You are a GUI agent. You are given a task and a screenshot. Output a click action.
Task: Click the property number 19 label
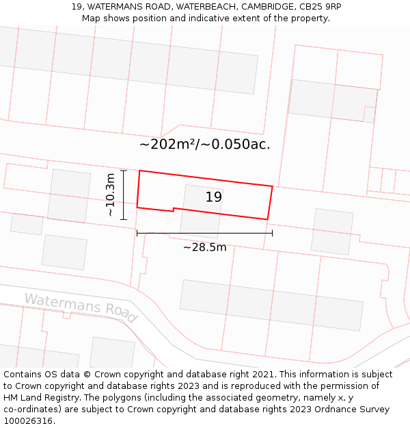tap(214, 197)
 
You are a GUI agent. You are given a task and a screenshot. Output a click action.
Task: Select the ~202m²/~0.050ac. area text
tap(205, 144)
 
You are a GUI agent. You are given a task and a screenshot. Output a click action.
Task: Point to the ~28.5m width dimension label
tap(204, 247)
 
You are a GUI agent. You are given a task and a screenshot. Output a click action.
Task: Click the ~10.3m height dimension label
tap(111, 195)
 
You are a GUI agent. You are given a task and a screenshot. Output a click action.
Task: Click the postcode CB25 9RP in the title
tap(319, 7)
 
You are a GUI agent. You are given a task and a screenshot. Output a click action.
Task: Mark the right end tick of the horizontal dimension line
tap(272, 233)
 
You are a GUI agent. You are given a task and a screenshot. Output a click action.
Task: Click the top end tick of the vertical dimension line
tap(123, 171)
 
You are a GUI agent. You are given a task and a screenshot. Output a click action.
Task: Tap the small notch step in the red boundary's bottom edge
tap(174, 209)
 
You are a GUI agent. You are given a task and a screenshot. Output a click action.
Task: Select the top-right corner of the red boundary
tap(273, 186)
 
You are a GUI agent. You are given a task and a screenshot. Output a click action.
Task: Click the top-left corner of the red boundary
tap(139, 171)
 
